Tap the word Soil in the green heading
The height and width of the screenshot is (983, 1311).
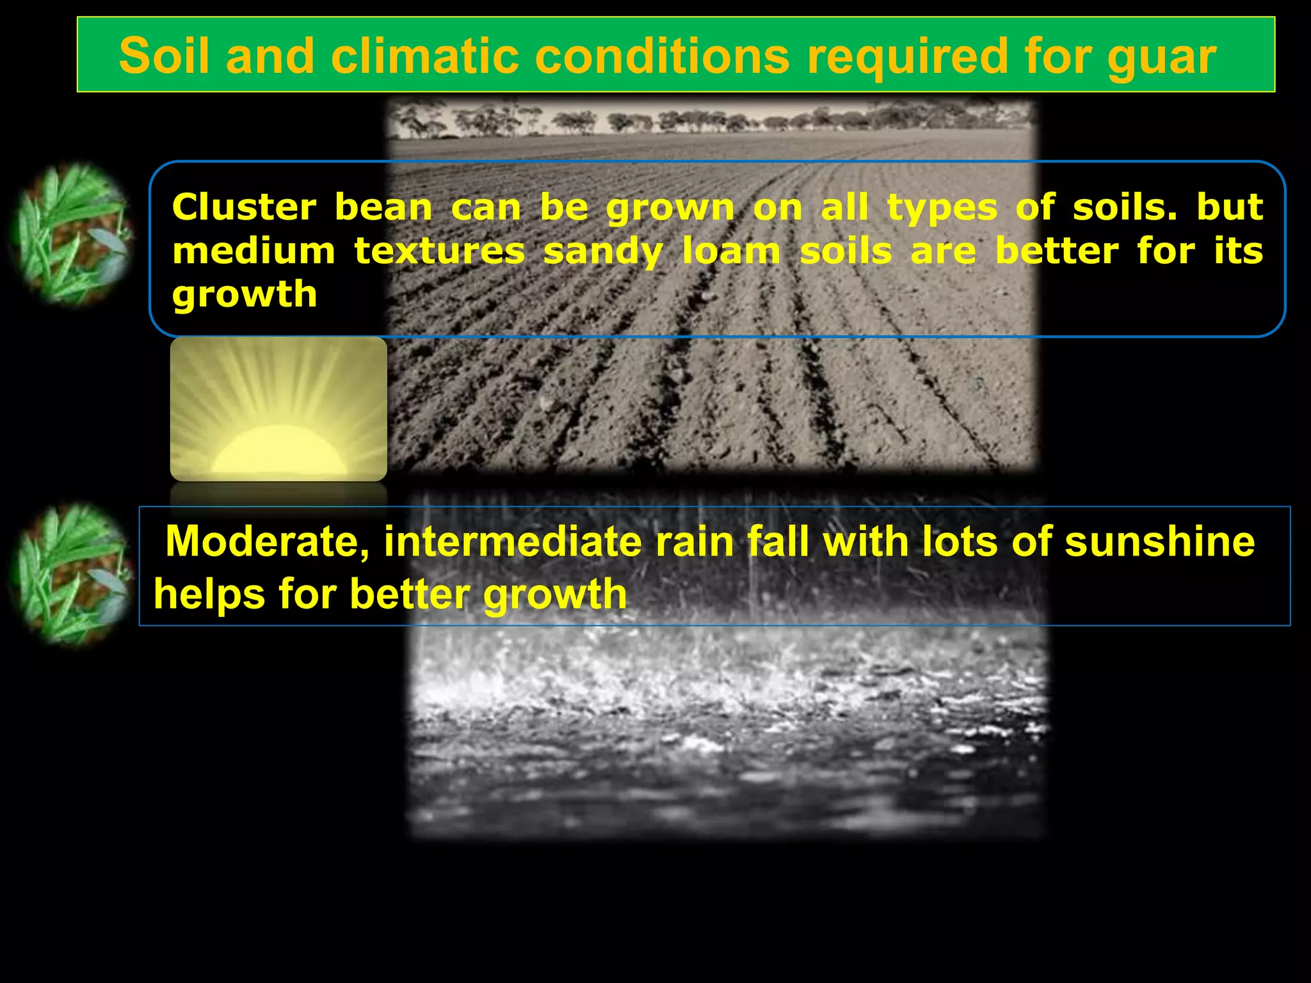pyautogui.click(x=165, y=56)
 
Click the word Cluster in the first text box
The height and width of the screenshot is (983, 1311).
pyautogui.click(x=244, y=208)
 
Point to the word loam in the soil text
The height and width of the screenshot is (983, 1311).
pyautogui.click(x=730, y=251)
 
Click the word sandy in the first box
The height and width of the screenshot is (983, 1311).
pyautogui.click(x=602, y=252)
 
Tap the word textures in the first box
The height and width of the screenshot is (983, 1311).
pyautogui.click(x=439, y=251)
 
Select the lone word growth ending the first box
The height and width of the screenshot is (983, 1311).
pyautogui.click(x=245, y=295)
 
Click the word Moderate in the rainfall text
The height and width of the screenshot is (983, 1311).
pyautogui.click(x=267, y=542)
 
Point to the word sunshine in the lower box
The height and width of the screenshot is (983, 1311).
pyautogui.click(x=1159, y=541)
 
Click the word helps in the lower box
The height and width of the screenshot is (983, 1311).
pyautogui.click(x=209, y=593)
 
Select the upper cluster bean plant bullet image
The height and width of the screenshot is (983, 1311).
pyautogui.click(x=72, y=234)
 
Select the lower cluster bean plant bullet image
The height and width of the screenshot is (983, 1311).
pyautogui.click(x=72, y=574)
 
